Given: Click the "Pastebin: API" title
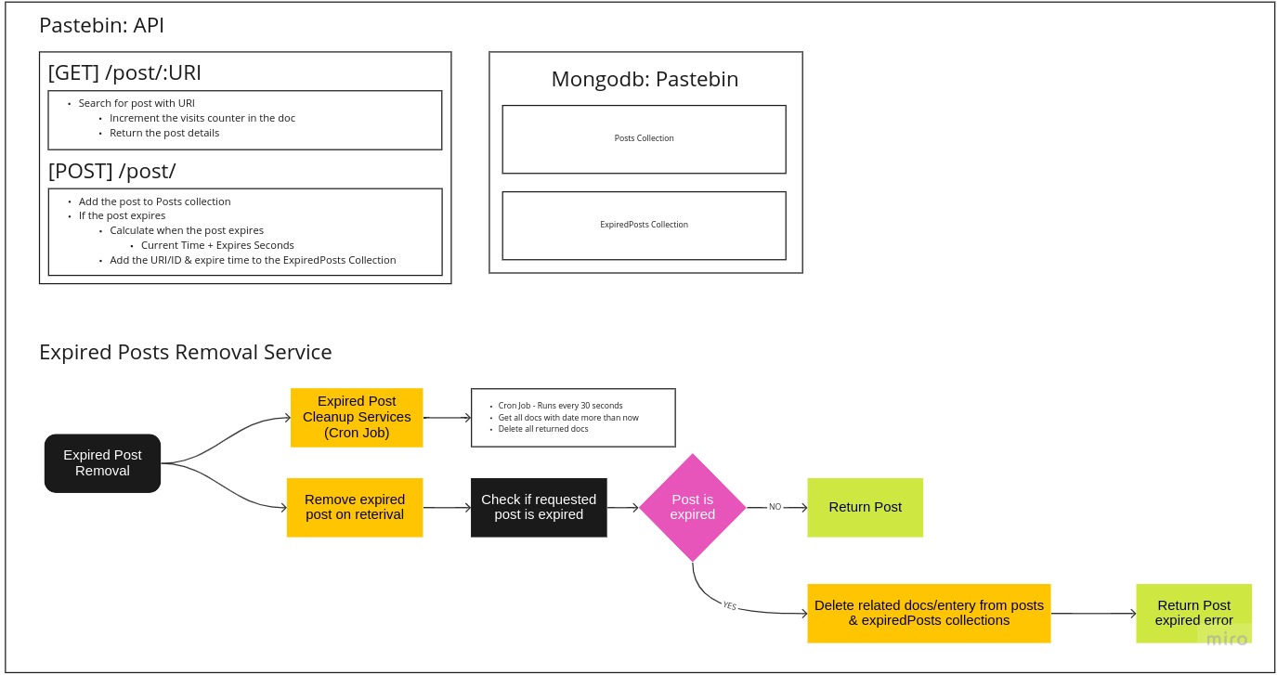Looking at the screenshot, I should tap(101, 25).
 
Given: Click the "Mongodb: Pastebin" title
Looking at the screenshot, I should tap(645, 79).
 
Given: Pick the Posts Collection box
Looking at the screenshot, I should tap(644, 138).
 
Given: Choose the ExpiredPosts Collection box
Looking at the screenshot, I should tap(644, 225).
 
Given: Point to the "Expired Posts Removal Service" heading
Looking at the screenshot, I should tap(185, 352).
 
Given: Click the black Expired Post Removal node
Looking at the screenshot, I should tap(102, 463).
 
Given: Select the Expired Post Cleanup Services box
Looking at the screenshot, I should tap(357, 417).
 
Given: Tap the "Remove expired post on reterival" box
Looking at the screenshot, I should tap(355, 507).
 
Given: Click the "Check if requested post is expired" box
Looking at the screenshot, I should tap(539, 507).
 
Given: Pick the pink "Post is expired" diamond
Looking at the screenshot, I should tap(693, 507).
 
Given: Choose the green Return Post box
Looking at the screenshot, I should tap(865, 507).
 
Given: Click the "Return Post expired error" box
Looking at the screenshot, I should tap(1193, 613).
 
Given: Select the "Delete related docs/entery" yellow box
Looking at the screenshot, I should tap(929, 613).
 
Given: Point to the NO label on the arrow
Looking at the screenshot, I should tap(775, 507).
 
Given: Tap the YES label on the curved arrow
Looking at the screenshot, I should tap(730, 605).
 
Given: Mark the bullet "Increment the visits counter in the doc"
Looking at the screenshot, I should tap(202, 118).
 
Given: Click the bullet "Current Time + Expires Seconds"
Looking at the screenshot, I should tap(217, 245).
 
